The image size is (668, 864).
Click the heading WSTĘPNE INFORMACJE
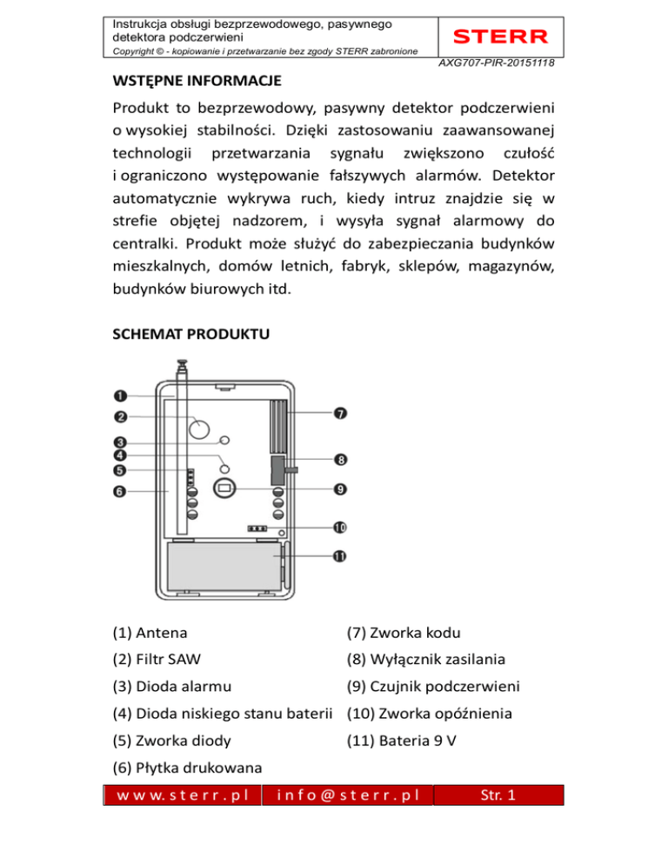[196, 84]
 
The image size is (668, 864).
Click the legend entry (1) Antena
[149, 632]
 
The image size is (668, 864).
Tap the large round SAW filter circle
[200, 428]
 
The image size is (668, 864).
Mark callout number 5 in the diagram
[120, 470]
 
